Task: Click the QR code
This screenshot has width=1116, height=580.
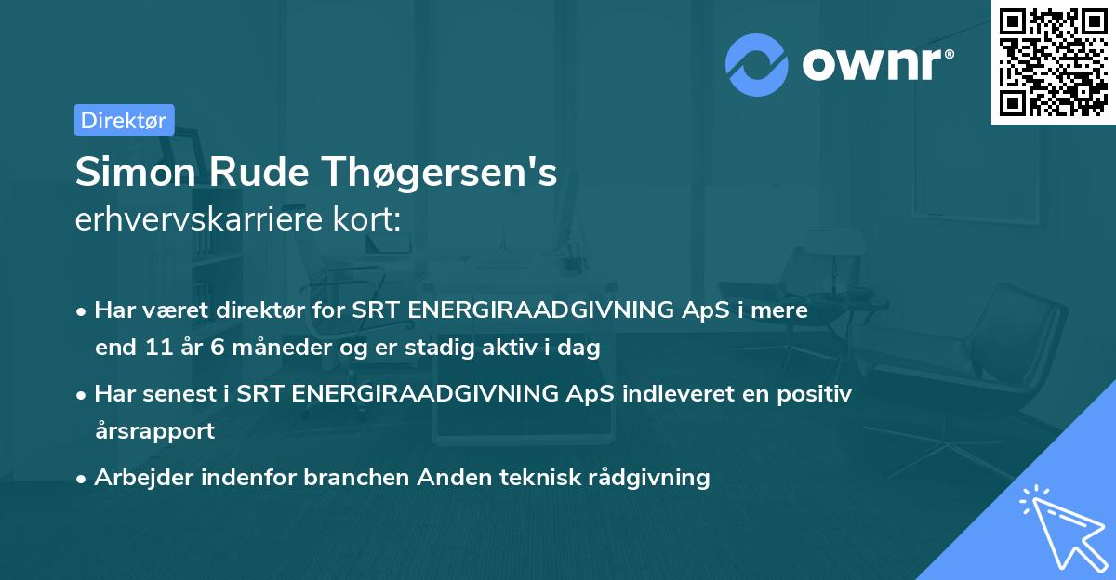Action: pyautogui.click(x=1053, y=61)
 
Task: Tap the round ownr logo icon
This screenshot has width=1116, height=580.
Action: pyautogui.click(x=757, y=64)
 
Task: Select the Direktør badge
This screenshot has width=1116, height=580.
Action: pyautogui.click(x=124, y=120)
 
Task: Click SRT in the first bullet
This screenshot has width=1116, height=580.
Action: pyautogui.click(x=377, y=311)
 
